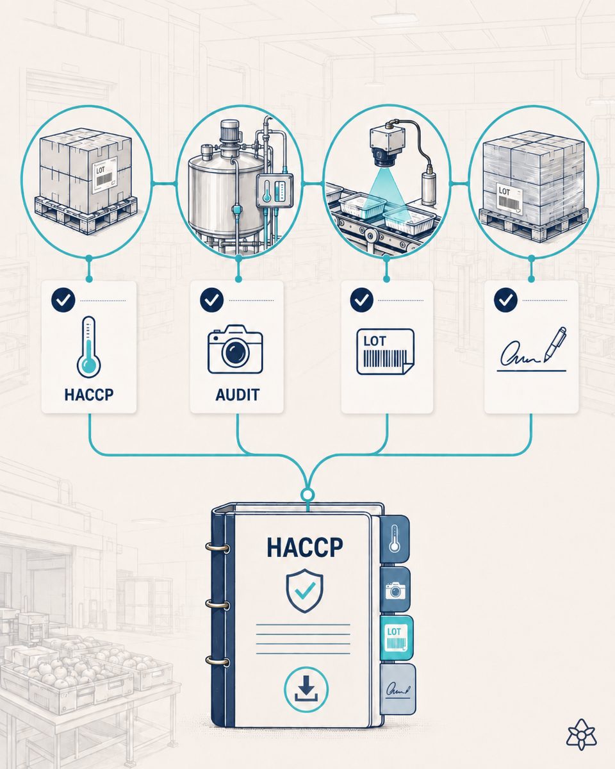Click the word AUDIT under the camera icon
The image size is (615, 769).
coord(237,395)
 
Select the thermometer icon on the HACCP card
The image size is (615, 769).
coord(88,347)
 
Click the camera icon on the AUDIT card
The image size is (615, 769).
coord(236,349)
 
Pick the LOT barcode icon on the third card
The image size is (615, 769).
coord(385,352)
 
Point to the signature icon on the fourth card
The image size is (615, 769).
coord(532,350)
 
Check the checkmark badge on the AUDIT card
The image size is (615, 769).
coord(211,300)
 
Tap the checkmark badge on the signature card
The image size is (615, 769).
coord(505,300)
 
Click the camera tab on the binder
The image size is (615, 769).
coord(395,590)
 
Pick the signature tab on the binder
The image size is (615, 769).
coord(398,690)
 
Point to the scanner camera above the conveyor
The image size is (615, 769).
coord(385,147)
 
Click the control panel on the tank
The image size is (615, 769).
coord(275,192)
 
